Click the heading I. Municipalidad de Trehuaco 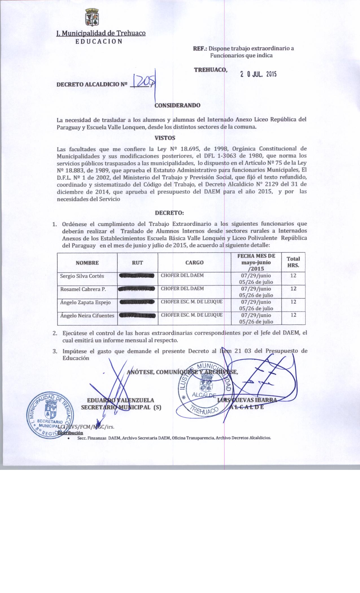(101, 33)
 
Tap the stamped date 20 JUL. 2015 (258, 74)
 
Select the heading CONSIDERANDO (178, 106)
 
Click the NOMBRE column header (87, 263)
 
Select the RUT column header (138, 263)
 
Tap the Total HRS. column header (293, 262)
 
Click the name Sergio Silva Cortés (82, 276)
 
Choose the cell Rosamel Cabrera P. (83, 289)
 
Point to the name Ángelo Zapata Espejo (85, 302)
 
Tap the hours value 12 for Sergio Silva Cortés (293, 275)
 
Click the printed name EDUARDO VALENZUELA (121, 400)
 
